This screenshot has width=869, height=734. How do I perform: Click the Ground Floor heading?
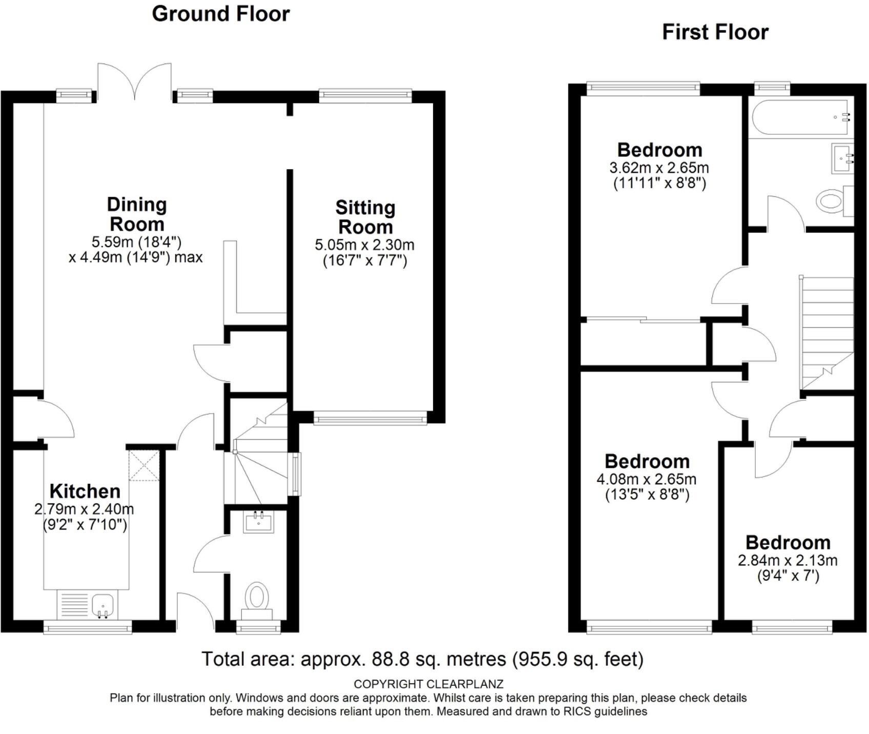pyautogui.click(x=221, y=14)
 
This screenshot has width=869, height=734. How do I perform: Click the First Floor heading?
pyautogui.click(x=715, y=32)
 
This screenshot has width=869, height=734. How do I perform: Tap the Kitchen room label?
pyautogui.click(x=85, y=491)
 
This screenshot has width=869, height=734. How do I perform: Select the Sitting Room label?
pyautogui.click(x=365, y=217)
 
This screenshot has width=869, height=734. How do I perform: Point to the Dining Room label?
pyautogui.click(x=137, y=214)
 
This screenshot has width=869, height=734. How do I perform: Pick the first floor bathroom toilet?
pyautogui.click(x=835, y=200)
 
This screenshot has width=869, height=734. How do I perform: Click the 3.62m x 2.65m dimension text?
pyautogui.click(x=659, y=168)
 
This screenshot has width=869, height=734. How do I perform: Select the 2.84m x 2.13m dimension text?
pyautogui.click(x=788, y=560)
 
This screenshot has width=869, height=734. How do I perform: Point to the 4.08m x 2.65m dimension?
pyautogui.click(x=647, y=479)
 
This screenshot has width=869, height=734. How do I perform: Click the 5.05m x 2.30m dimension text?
pyautogui.click(x=365, y=244)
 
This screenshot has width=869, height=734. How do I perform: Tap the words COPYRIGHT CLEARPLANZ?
pyautogui.click(x=428, y=684)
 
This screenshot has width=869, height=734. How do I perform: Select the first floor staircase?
pyautogui.click(x=827, y=334)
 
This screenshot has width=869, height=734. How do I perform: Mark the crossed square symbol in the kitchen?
pyautogui.click(x=144, y=465)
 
